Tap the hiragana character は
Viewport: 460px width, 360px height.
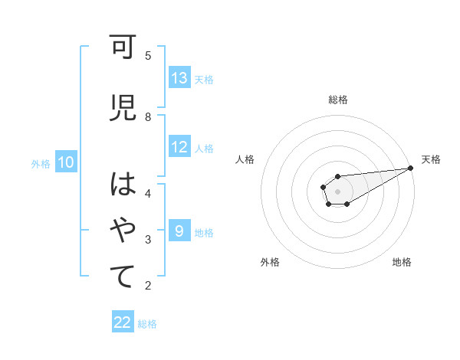[123, 186]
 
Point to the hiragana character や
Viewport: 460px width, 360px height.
[123, 231]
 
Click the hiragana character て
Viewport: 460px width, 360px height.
[123, 277]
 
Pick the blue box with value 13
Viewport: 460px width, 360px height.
[179, 78]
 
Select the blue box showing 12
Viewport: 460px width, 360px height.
[179, 148]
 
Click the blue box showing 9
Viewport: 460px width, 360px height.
[179, 231]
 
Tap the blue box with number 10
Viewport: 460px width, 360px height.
[66, 162]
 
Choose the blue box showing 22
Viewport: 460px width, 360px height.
[123, 322]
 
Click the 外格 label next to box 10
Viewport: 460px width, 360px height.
[40, 163]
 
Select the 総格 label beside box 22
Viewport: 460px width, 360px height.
[147, 324]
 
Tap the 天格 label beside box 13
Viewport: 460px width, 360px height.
[204, 79]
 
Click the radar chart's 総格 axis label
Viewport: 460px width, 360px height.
[337, 100]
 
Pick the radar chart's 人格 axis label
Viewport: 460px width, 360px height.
[245, 159]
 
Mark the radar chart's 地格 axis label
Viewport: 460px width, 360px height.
[402, 262]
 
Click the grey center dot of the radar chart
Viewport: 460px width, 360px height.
[337, 191]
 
